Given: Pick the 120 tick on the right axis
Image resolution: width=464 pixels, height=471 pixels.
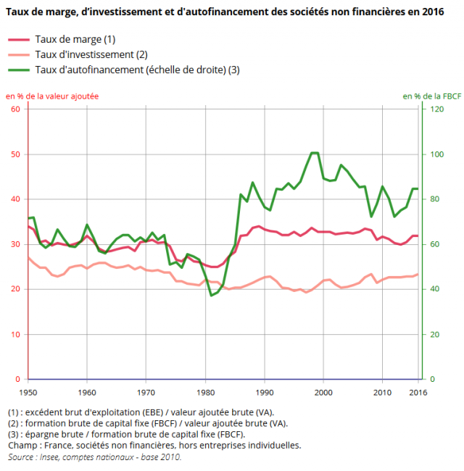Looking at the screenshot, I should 436,109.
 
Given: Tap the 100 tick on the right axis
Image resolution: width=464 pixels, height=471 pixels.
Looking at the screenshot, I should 436,154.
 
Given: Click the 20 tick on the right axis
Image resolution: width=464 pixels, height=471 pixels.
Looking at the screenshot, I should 434,334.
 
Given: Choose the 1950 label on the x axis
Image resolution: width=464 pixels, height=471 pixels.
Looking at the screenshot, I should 28,392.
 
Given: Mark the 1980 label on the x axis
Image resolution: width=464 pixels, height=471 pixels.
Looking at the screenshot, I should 205,392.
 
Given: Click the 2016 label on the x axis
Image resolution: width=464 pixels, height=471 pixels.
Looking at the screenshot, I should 418,392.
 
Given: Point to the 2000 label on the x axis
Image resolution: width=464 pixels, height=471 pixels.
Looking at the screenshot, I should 323,392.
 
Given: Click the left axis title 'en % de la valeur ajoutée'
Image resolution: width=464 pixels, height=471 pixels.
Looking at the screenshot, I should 52,96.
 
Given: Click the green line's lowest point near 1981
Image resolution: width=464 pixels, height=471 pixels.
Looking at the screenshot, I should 211,295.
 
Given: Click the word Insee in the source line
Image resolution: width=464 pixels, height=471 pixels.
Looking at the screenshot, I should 51,457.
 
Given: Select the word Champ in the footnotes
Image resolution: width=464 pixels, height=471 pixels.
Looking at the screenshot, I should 22,446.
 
